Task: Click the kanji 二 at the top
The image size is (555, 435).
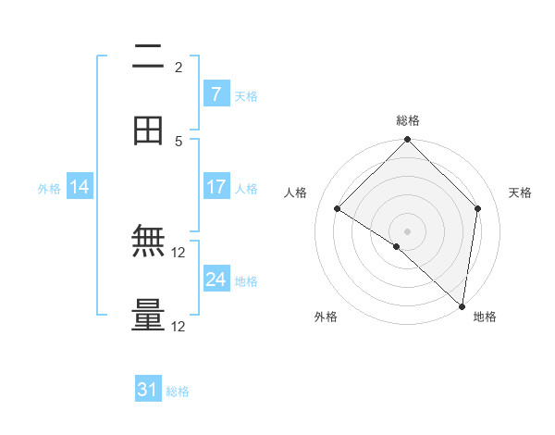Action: tap(148, 57)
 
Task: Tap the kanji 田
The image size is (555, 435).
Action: tap(148, 130)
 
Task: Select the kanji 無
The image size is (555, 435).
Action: tap(148, 243)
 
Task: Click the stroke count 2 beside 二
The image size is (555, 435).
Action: tap(179, 67)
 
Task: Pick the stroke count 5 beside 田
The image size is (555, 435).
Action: tap(179, 141)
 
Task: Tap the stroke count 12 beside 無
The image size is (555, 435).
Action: tap(179, 253)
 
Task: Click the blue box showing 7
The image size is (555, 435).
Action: tap(216, 94)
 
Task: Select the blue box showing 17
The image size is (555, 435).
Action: tap(216, 187)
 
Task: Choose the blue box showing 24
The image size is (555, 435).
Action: tap(216, 280)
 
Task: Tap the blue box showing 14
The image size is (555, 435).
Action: tap(80, 187)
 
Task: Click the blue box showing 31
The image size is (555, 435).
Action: tap(148, 390)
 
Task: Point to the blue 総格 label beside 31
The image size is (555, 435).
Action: tap(178, 391)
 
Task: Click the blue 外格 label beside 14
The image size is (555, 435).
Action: tap(49, 189)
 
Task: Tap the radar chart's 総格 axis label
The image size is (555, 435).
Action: tap(408, 120)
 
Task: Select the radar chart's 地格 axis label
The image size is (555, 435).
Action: tap(485, 317)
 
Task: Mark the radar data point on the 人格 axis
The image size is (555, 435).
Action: tap(338, 209)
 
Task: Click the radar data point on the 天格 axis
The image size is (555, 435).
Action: tap(478, 208)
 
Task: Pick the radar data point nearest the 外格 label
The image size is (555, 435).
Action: tap(397, 246)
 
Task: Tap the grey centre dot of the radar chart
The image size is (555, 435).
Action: tap(408, 230)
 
